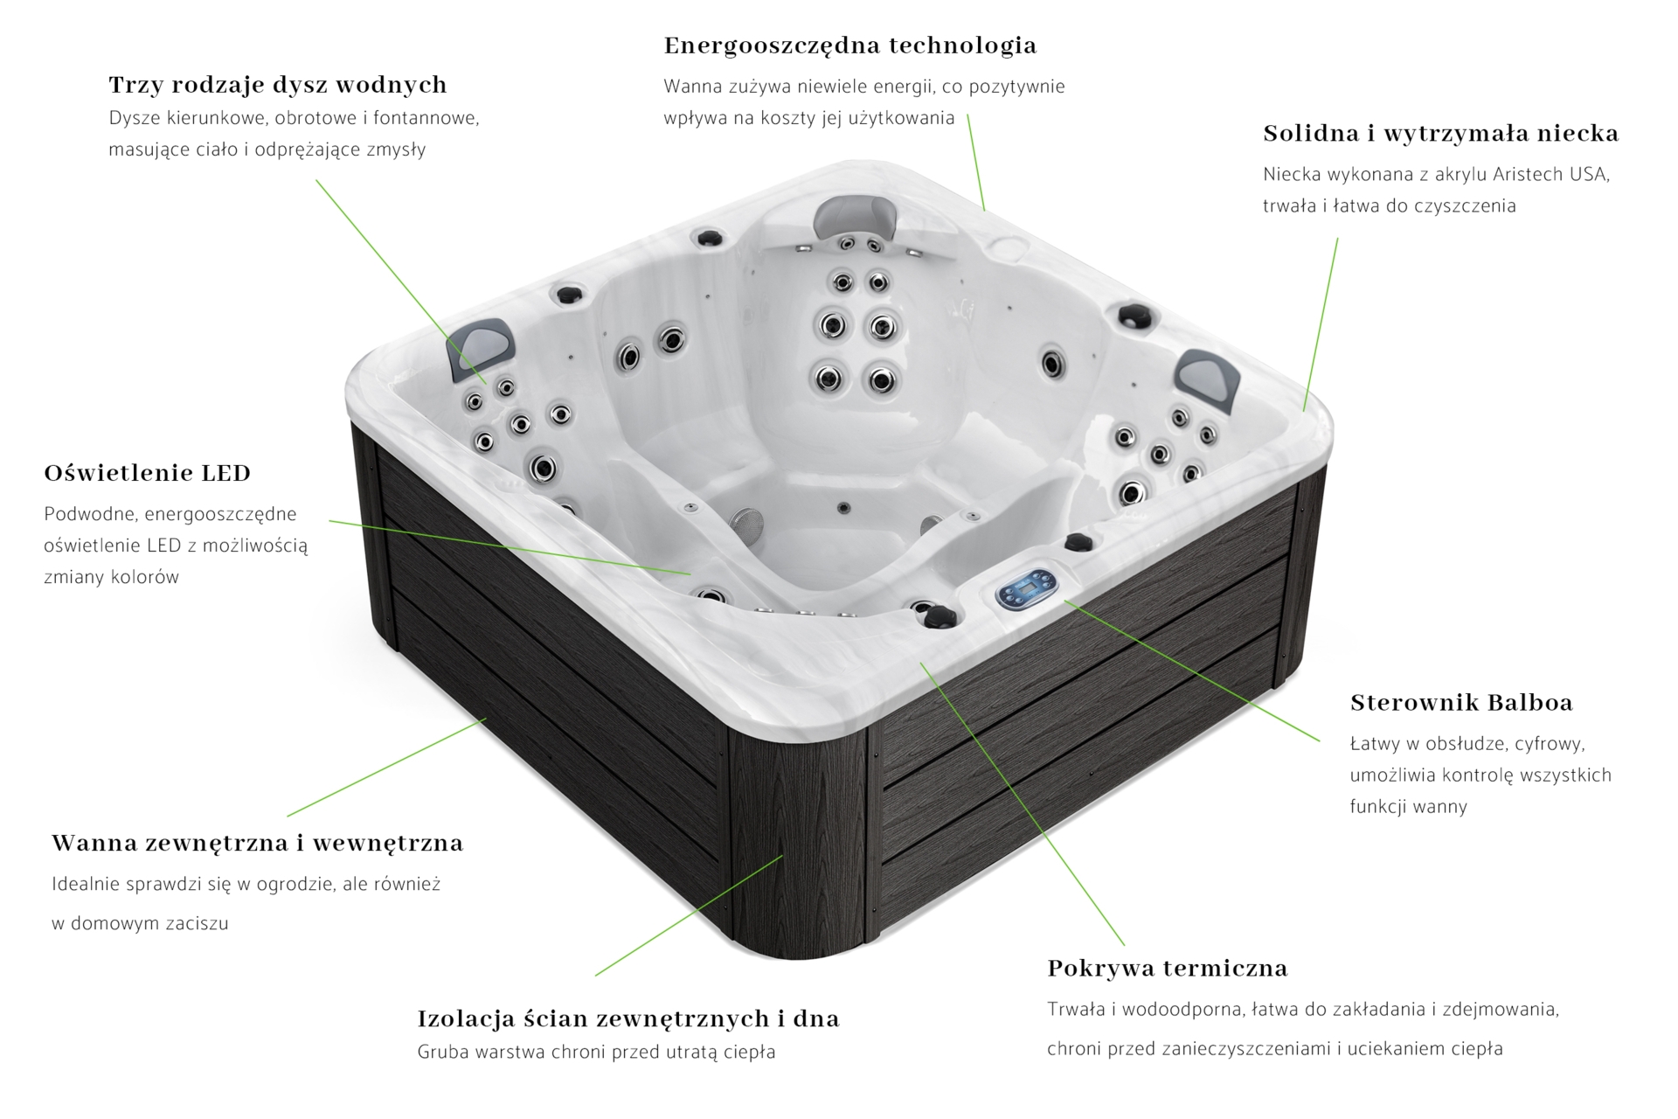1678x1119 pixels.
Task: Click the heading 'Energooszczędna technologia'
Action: [850, 45]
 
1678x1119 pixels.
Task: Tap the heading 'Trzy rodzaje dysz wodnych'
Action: [278, 85]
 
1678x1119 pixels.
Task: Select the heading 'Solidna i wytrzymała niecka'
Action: [1441, 134]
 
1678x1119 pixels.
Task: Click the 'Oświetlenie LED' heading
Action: [148, 473]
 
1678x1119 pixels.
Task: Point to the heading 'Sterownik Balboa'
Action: [1461, 703]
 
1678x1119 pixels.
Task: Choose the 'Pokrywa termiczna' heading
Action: [1168, 969]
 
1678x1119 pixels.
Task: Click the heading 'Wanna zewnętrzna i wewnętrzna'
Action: [258, 844]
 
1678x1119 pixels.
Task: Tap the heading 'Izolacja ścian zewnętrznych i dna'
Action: [628, 1018]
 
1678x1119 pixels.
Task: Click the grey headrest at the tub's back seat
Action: [856, 215]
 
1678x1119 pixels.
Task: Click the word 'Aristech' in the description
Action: [1529, 174]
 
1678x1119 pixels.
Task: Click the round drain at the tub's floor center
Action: [843, 508]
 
